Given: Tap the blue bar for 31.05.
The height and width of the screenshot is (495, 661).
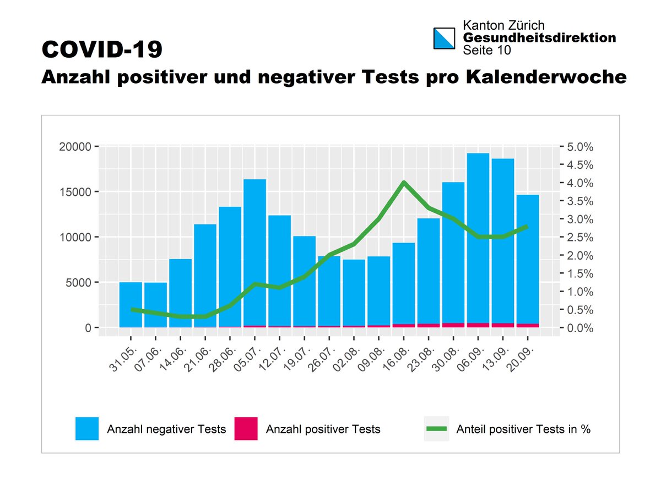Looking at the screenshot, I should tap(131, 305).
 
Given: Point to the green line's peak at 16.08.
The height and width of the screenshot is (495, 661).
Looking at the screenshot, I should tap(404, 183).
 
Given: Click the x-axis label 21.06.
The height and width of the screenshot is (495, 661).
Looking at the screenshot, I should tap(197, 359).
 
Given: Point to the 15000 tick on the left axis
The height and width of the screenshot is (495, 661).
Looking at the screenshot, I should tap(75, 192).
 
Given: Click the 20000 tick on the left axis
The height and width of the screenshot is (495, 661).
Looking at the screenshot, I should tap(75, 147).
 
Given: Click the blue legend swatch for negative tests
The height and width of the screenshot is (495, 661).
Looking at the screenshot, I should tap(87, 429).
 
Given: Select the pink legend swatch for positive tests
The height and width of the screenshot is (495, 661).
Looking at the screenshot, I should tap(246, 429).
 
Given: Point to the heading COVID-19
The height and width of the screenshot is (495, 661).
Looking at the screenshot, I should tap(102, 50).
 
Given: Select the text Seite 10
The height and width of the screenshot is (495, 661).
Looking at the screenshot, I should tap(487, 50).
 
